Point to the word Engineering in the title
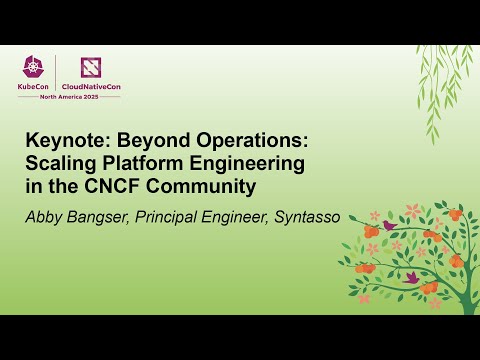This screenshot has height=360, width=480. tap(261, 164)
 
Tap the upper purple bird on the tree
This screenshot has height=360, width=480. tap(389, 226)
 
